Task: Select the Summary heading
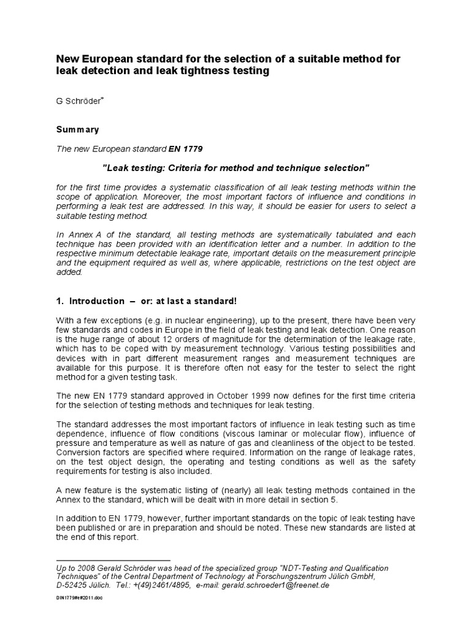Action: (78, 130)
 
